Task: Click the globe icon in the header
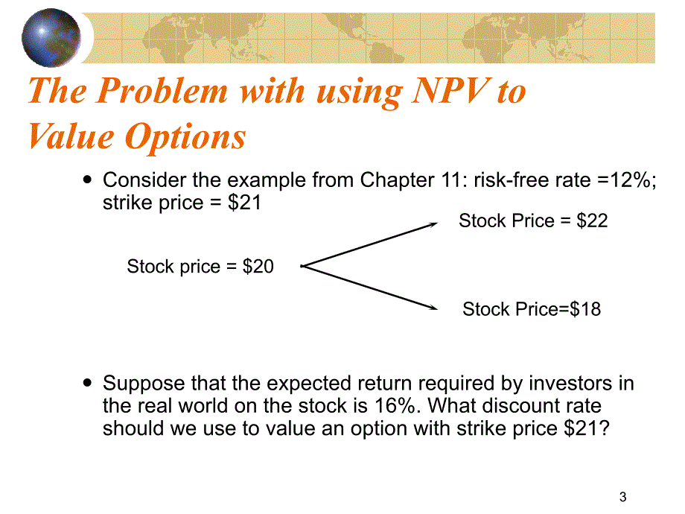51,38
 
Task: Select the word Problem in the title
162,91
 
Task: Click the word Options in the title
185,137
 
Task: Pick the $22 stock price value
592,220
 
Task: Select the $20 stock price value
258,266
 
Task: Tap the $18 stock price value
585,309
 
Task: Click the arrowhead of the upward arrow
433,225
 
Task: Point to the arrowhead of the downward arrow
433,307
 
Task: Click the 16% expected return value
395,405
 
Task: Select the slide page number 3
623,497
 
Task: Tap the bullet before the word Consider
88,180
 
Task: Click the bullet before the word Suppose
88,383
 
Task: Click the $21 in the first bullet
244,203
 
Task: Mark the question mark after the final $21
604,428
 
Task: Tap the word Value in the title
71,137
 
